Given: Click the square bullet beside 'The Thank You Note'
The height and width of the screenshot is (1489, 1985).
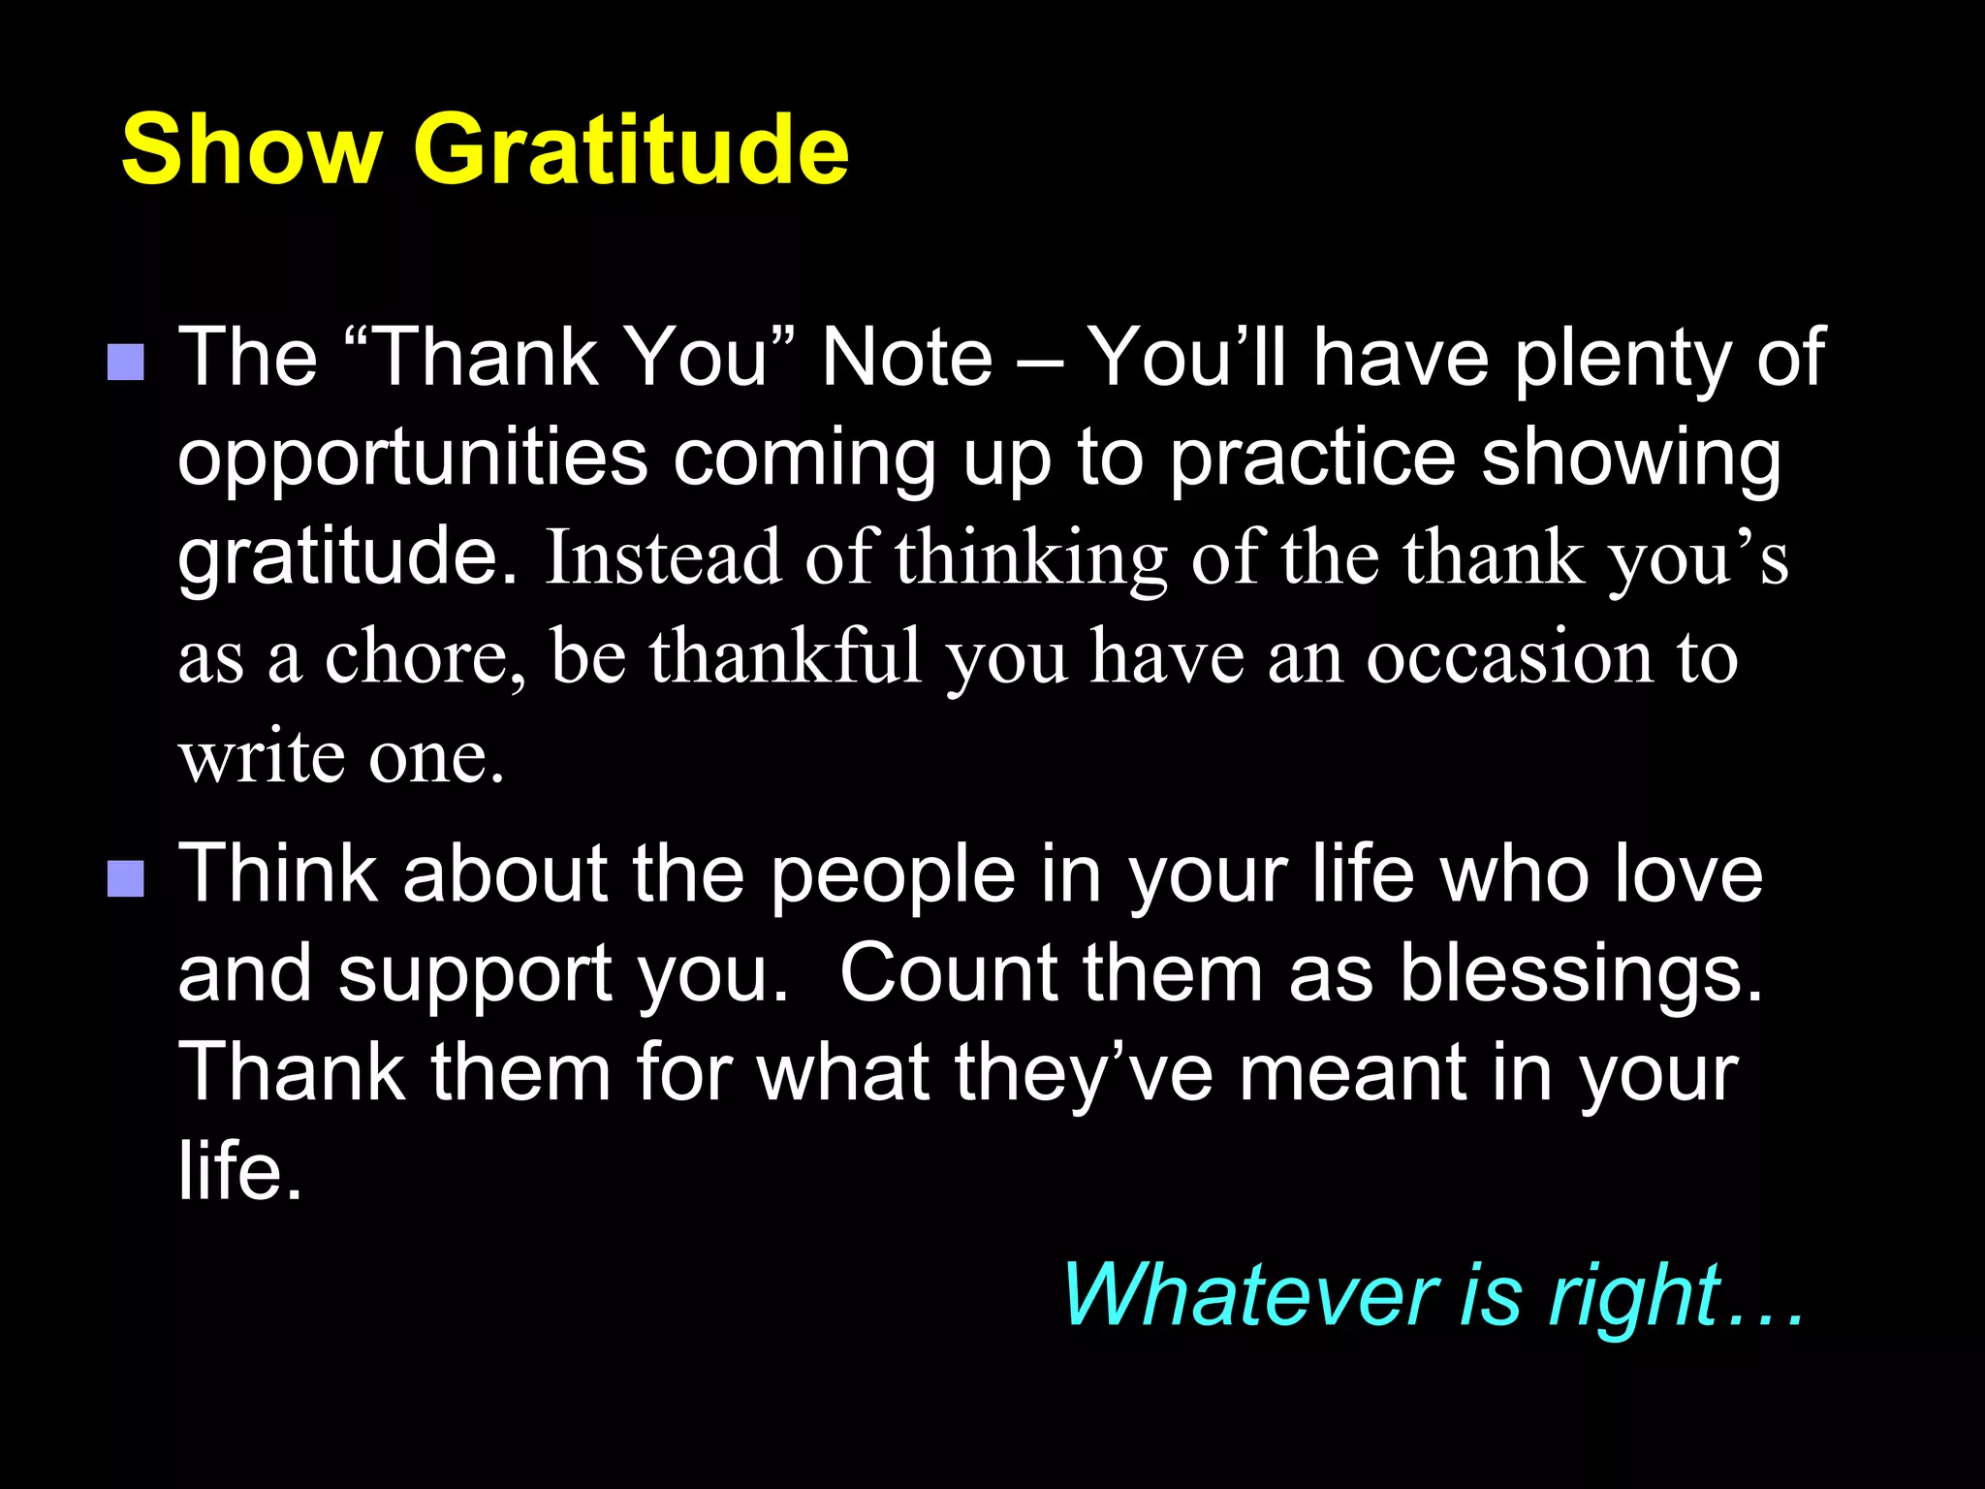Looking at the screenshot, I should pos(126,362).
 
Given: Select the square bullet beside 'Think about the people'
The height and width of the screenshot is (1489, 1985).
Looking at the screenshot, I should pos(126,879).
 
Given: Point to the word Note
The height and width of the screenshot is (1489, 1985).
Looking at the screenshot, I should pos(907,358).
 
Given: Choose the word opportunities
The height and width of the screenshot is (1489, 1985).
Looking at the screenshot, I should pos(412,459).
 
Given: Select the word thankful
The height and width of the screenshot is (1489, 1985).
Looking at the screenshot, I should pos(785,657).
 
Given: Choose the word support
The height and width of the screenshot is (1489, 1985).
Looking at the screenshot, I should pos(475,976).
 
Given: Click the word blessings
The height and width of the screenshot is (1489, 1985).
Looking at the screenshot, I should pos(1580,974).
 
